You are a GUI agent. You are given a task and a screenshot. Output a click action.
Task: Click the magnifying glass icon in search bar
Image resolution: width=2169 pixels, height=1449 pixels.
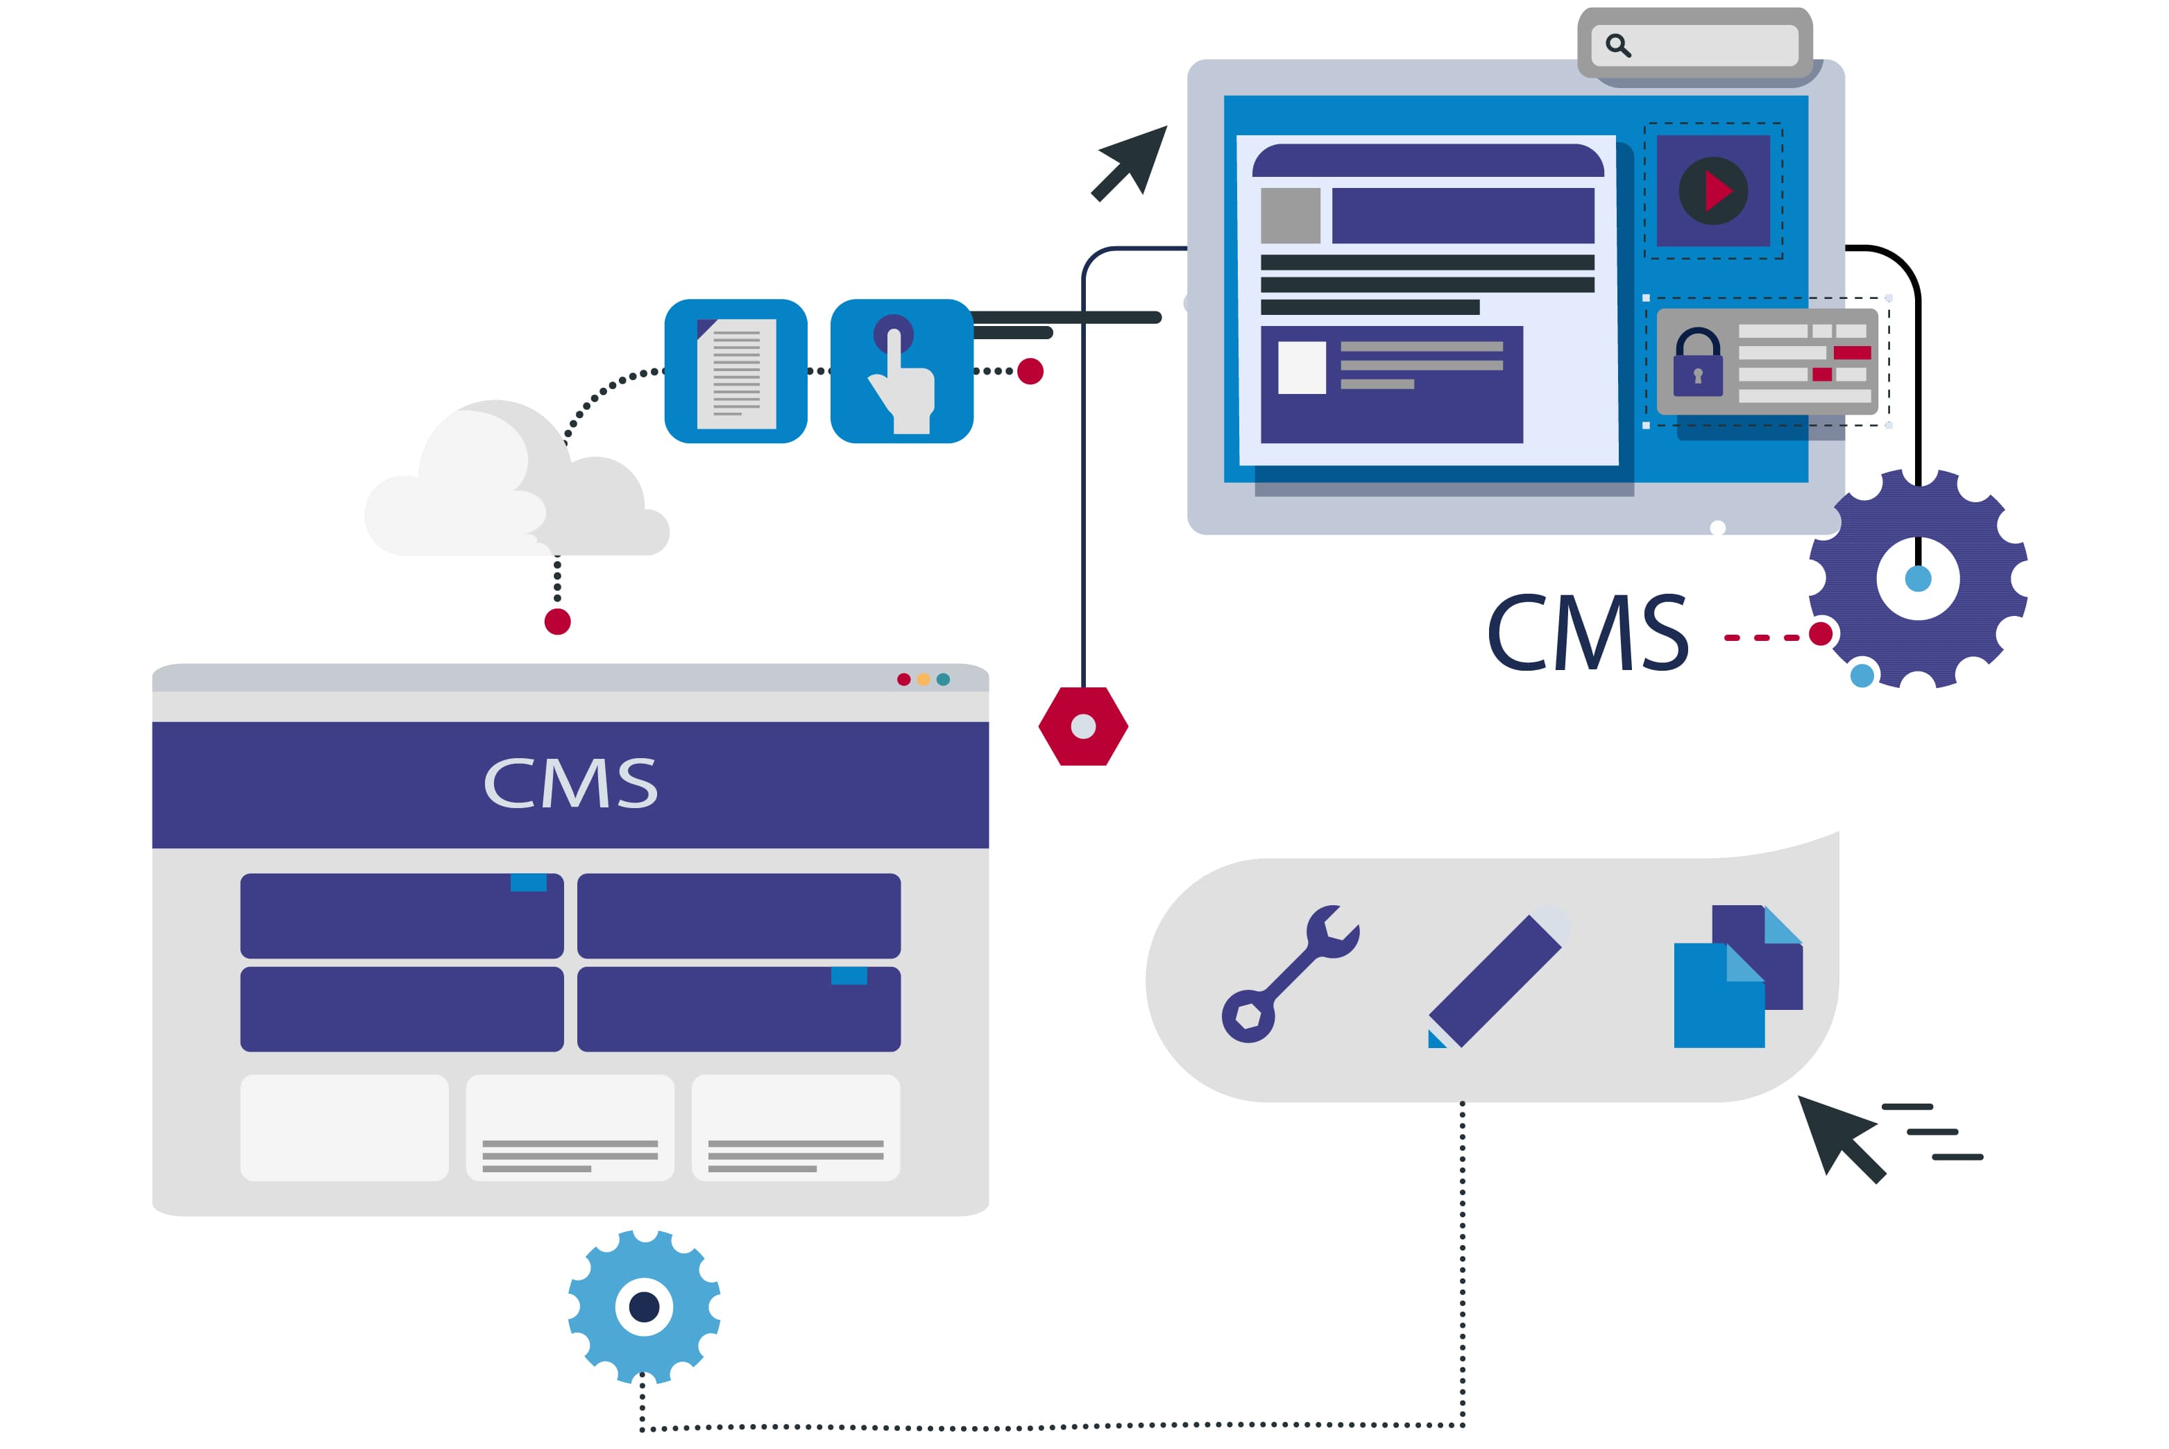click(x=1617, y=45)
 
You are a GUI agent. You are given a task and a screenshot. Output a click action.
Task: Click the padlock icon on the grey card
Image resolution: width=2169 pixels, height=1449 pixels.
click(x=1698, y=363)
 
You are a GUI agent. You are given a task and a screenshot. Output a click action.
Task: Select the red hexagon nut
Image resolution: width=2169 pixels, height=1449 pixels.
click(x=1083, y=726)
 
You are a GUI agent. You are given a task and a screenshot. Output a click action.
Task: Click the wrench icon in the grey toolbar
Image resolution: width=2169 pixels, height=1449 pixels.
click(x=1288, y=974)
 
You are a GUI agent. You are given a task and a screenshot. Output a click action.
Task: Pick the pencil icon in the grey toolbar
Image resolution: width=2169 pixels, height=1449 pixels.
click(x=1495, y=981)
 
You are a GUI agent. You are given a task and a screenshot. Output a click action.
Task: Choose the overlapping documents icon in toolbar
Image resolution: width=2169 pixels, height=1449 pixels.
click(x=1737, y=978)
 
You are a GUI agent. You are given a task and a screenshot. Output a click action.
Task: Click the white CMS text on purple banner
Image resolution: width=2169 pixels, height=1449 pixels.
click(x=570, y=784)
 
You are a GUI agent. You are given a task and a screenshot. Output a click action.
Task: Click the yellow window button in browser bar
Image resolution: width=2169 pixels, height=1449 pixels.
click(x=924, y=679)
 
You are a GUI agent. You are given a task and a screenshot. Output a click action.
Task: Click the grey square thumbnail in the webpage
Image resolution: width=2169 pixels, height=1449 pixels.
click(x=1290, y=215)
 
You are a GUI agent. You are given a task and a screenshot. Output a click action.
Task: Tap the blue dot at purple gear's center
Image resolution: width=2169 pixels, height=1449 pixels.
click(x=1918, y=579)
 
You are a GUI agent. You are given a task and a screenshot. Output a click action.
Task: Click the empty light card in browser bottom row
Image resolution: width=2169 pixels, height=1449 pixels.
click(x=343, y=1127)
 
